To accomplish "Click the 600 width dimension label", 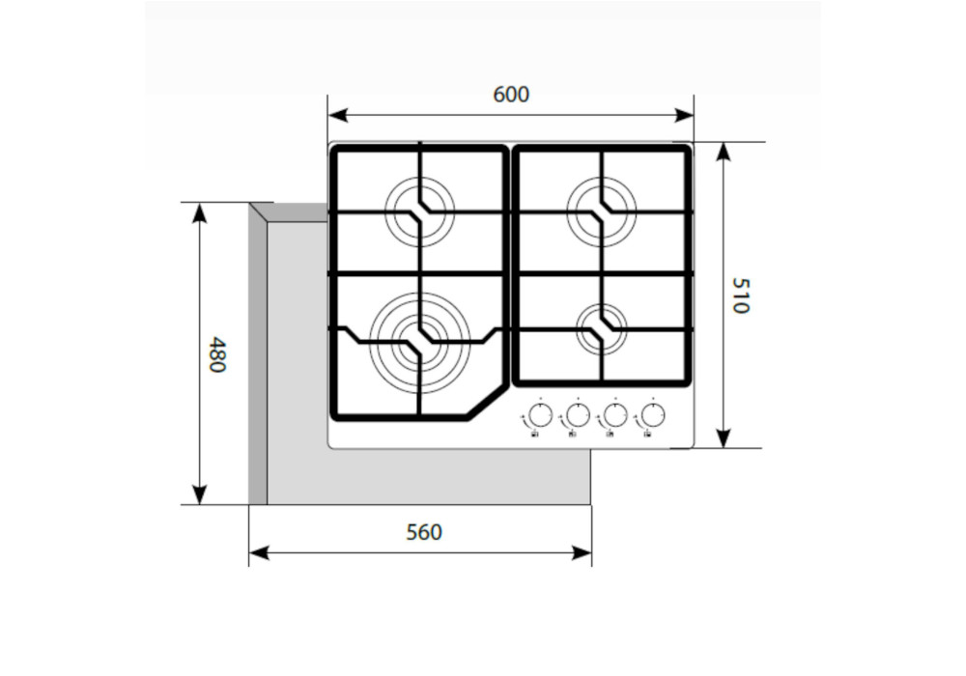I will pos(511,95).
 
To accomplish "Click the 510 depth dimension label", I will pos(740,296).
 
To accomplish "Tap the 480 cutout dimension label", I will pos(217,354).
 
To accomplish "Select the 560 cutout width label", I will pos(423,532).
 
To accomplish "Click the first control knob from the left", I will pos(541,416).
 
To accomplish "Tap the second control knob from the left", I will pos(578,416).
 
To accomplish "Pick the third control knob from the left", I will pos(614,416).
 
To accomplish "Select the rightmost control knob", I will pos(652,416).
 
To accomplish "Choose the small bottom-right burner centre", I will pos(601,328).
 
